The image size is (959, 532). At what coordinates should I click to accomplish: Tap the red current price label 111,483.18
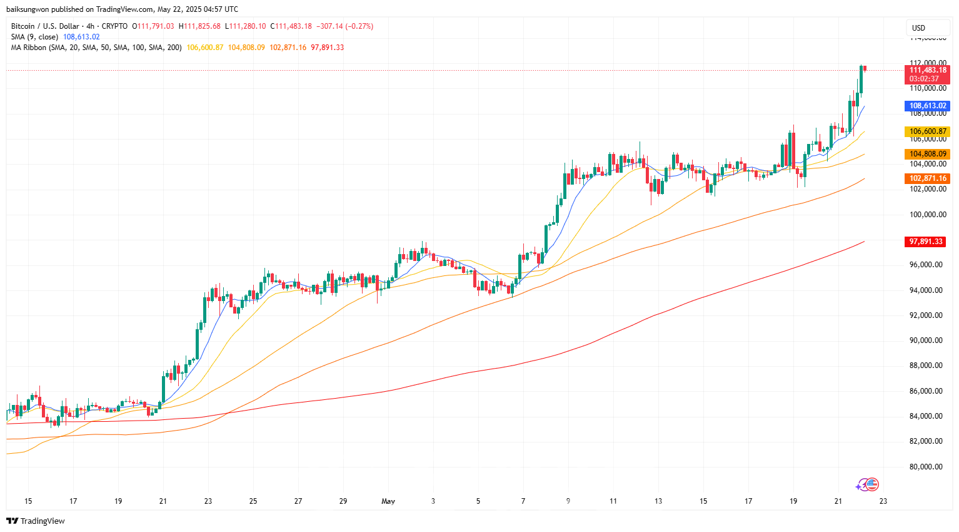click(x=928, y=70)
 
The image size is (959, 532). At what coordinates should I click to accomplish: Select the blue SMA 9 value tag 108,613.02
click(x=928, y=106)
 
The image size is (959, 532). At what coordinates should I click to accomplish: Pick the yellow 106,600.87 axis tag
click(x=928, y=131)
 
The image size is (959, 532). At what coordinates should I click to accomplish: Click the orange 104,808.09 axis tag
click(x=928, y=154)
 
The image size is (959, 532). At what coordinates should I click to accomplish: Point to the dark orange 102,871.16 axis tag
click(x=928, y=178)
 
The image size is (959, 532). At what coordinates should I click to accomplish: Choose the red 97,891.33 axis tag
click(x=926, y=242)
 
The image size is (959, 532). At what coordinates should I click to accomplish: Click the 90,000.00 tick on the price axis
click(x=926, y=340)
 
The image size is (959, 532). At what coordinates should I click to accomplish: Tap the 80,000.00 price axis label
click(x=926, y=467)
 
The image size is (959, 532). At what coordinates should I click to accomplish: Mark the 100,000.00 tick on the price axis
click(x=928, y=215)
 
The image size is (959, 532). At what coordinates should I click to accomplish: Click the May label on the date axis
click(x=388, y=501)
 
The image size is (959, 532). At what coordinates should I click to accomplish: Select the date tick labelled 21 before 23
click(x=838, y=501)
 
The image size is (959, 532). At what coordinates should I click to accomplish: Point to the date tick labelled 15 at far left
click(x=28, y=501)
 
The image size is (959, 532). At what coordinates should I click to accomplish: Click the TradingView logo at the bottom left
click(x=36, y=521)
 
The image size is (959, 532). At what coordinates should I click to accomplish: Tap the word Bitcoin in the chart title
click(x=23, y=26)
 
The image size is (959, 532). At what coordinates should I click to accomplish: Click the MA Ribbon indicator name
click(x=29, y=48)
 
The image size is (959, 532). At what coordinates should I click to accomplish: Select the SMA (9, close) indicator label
click(x=34, y=37)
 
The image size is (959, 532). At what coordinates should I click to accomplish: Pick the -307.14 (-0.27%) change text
click(x=345, y=26)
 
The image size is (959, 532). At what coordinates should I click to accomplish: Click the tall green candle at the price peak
click(x=861, y=79)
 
